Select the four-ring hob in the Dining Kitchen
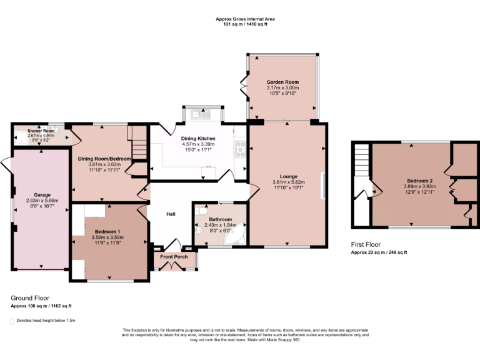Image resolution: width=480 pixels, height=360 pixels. click(239, 148)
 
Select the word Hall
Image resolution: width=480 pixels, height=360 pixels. click(171, 214)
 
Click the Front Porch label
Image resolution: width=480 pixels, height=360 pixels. click(174, 257)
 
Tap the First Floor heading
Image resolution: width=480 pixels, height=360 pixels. click(366, 244)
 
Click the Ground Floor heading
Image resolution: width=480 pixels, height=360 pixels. click(30, 298)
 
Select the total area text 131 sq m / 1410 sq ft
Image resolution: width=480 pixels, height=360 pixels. click(245, 24)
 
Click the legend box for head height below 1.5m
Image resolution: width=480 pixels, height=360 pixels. click(12, 321)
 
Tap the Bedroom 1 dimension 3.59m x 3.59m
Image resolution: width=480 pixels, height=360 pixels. click(107, 237)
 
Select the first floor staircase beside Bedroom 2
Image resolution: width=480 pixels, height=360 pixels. click(361, 169)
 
